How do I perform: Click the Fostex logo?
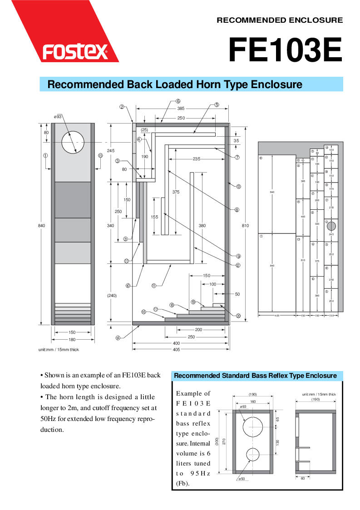click(x=75, y=52)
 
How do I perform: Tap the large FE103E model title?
click(x=285, y=50)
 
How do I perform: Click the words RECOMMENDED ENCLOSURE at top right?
click(x=280, y=20)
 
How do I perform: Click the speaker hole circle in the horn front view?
click(x=73, y=142)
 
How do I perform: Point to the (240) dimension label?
click(x=112, y=296)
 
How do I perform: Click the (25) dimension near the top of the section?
click(x=144, y=130)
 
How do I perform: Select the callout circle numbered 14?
click(x=118, y=337)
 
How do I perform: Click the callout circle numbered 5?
click(x=217, y=104)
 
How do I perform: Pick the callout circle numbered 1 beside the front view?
click(x=45, y=155)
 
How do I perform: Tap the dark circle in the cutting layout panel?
click(x=331, y=226)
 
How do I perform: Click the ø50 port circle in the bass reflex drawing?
click(x=253, y=455)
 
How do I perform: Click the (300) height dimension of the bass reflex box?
click(x=217, y=441)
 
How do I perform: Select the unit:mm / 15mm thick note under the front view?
click(x=59, y=349)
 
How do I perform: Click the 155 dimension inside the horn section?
click(x=154, y=217)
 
